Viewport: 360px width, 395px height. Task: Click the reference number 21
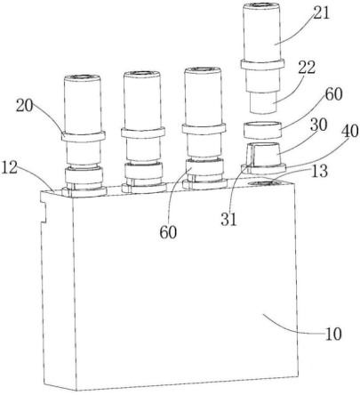(x=321, y=13)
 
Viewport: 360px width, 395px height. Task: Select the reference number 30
(x=317, y=125)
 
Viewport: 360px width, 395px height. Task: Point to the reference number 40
(x=349, y=132)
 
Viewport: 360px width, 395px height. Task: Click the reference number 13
(x=319, y=171)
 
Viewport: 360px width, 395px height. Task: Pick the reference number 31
(x=228, y=220)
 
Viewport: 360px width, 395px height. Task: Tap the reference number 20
(x=25, y=106)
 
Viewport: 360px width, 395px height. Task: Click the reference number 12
(x=10, y=167)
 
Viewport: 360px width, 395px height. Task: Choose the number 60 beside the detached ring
(x=333, y=94)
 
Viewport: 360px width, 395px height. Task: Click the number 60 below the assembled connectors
(x=168, y=232)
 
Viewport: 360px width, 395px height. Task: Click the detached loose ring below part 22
(x=262, y=130)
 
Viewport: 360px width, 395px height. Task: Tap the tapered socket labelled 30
(x=263, y=155)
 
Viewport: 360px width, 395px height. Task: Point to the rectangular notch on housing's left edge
(x=44, y=212)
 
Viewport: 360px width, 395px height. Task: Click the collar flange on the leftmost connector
(x=84, y=136)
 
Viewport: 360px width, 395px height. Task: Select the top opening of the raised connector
(x=261, y=5)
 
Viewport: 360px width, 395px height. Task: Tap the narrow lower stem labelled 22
(x=263, y=102)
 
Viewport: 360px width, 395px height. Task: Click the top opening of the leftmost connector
(x=84, y=77)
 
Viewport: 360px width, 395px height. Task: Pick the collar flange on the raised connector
(x=262, y=65)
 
